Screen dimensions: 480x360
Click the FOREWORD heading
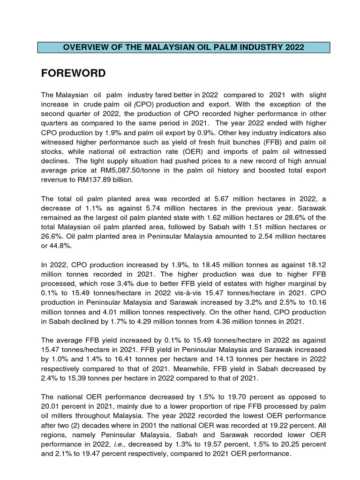tap(73, 73)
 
